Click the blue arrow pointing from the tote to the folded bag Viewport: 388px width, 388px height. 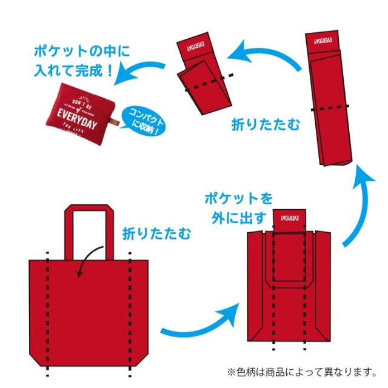click(200, 324)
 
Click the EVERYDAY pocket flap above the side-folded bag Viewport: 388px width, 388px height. click(289, 219)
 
